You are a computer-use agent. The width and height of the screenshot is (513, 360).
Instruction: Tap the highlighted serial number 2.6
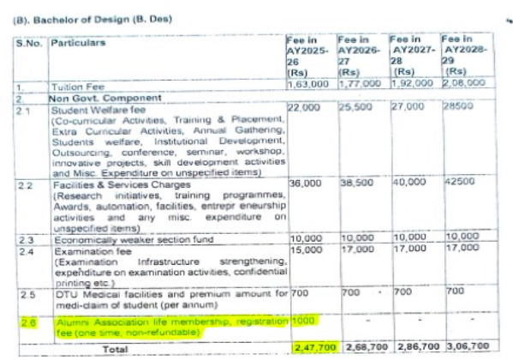point(26,321)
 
